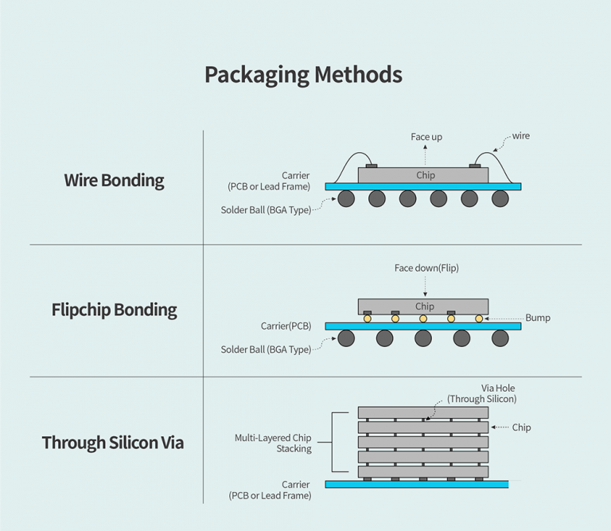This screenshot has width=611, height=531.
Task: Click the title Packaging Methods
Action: [x=303, y=75]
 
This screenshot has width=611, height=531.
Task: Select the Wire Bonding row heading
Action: [x=114, y=180]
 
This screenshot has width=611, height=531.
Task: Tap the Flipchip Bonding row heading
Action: [x=114, y=310]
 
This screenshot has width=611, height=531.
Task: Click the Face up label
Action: [x=426, y=137]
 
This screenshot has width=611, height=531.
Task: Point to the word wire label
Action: [x=520, y=136]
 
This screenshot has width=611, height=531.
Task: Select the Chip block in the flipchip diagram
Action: [x=423, y=306]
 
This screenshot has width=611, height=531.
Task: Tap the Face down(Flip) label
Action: [x=426, y=268]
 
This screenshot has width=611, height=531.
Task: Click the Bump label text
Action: [x=538, y=318]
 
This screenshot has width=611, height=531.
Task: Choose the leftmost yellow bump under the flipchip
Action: [x=368, y=318]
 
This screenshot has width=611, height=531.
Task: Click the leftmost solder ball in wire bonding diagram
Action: [x=346, y=198]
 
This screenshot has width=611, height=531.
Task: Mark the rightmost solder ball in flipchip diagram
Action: [x=500, y=338]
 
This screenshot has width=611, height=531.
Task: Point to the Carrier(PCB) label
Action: [x=286, y=326]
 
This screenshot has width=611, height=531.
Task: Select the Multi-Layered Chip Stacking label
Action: [x=273, y=443]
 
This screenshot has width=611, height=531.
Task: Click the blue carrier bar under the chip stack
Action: [x=416, y=484]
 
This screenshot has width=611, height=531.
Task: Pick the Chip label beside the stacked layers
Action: [x=521, y=428]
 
